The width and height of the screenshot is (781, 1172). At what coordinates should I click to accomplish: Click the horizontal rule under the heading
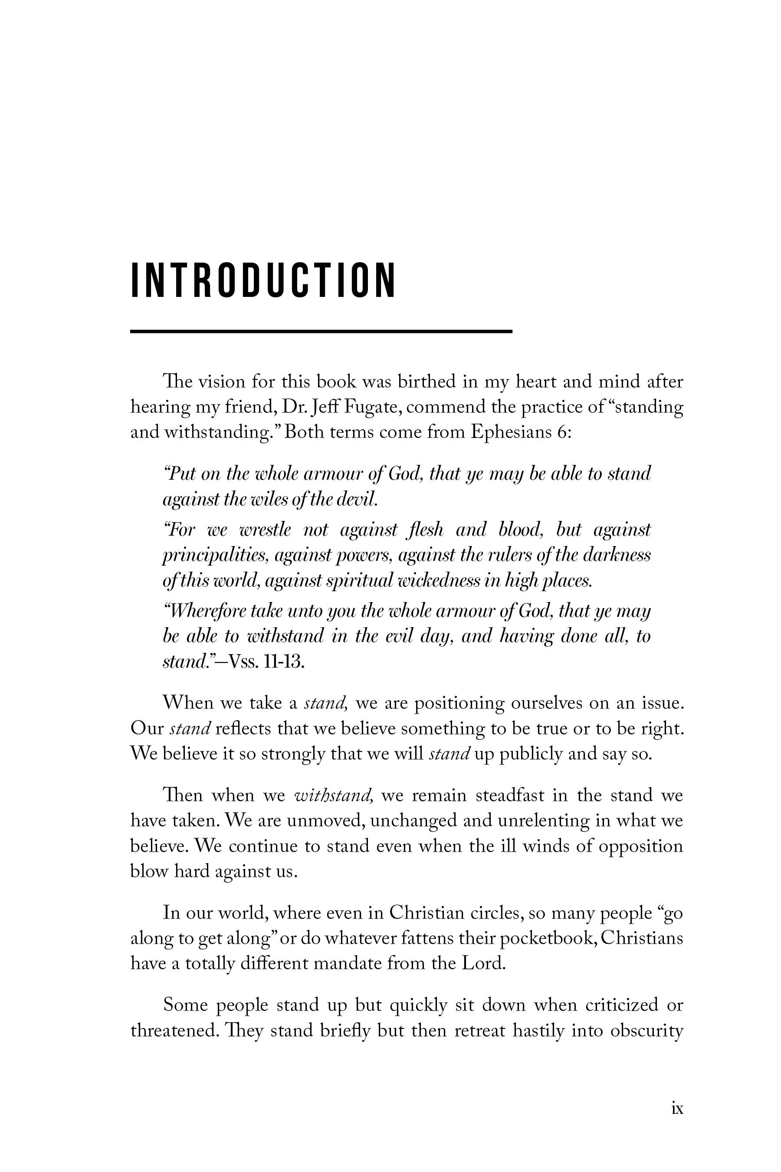click(x=321, y=331)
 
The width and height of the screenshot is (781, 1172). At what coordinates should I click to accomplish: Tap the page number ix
click(x=677, y=1108)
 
